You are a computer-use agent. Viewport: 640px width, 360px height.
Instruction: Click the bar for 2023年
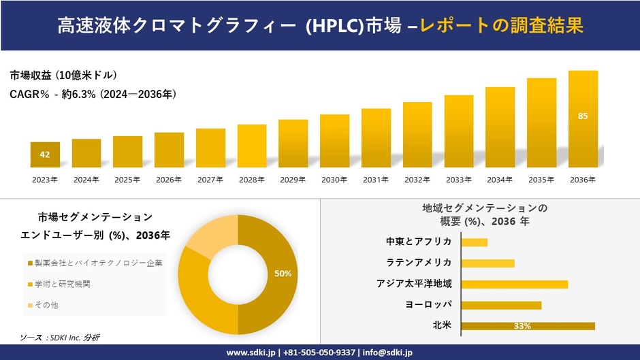45,154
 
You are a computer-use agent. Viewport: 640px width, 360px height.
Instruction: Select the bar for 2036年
583,119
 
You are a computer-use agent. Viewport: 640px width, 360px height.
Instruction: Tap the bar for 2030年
334,141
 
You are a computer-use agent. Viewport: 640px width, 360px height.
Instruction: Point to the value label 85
583,116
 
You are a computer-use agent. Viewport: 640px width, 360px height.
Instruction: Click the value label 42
45,154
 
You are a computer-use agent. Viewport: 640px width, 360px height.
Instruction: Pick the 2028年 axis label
251,180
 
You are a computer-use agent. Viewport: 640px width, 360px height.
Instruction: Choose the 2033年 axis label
458,180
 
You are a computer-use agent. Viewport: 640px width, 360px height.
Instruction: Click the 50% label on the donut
283,274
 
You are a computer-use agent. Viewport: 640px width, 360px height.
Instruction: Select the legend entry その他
46,305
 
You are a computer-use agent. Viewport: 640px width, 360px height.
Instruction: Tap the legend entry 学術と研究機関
61,284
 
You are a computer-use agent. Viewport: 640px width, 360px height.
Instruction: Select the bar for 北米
528,326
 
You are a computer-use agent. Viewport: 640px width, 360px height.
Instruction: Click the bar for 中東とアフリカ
474,242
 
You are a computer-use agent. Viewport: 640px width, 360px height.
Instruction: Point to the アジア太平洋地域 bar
514,284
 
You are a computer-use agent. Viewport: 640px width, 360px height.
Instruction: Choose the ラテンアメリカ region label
419,263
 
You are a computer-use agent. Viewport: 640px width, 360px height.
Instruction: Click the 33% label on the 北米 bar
522,326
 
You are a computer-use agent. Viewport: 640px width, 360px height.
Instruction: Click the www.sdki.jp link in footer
251,353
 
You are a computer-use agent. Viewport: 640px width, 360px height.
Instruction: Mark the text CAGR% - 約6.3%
52,95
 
